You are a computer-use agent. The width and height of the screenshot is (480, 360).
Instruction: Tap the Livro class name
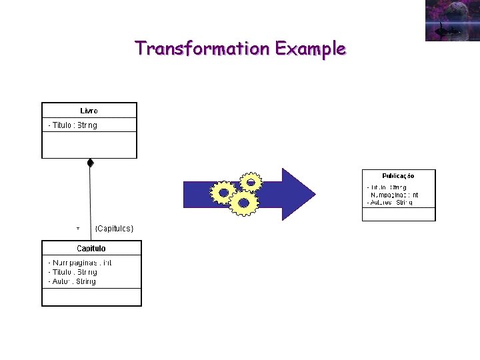point(89,111)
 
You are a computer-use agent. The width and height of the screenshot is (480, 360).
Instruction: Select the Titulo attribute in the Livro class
point(73,125)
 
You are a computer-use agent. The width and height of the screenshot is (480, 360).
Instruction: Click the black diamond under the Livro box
point(90,163)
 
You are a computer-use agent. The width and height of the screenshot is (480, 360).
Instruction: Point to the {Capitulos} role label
point(114,229)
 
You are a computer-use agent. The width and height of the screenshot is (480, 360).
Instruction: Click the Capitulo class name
point(91,248)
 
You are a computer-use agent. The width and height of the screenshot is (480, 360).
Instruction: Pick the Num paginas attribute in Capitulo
point(79,263)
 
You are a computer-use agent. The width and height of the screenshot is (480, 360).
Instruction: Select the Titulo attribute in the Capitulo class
point(73,272)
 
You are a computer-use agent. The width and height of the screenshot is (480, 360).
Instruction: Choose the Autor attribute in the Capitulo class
point(72,281)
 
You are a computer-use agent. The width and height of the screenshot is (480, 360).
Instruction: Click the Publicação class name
point(398,176)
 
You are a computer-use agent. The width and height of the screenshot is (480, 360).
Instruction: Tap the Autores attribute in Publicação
point(389,202)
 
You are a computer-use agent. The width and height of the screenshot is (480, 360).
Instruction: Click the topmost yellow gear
point(251,181)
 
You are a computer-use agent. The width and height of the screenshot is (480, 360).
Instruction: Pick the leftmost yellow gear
point(223,193)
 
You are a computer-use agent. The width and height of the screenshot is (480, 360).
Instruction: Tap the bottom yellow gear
point(243,203)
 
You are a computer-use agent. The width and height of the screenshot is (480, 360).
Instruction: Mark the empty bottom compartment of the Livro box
point(89,145)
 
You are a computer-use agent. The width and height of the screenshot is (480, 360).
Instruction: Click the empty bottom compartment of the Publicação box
point(398,214)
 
